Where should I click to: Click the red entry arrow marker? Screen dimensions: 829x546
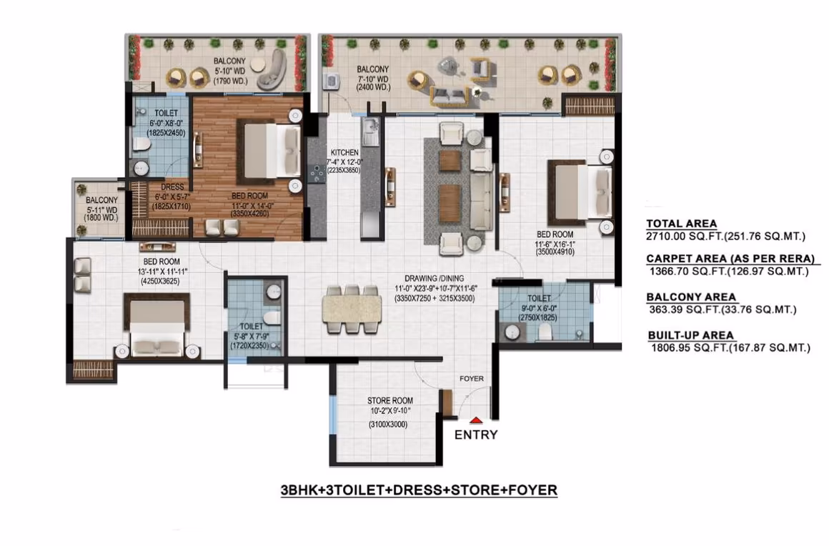click(476, 420)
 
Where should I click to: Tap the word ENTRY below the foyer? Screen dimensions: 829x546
click(476, 435)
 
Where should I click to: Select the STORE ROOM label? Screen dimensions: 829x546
click(390, 401)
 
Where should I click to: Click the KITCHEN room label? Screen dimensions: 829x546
click(344, 152)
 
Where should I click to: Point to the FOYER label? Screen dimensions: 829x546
click(472, 379)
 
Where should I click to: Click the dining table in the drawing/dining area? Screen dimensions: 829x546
click(352, 309)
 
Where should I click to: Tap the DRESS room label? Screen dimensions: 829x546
click(172, 187)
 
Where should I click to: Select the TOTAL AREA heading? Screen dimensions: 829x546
click(682, 224)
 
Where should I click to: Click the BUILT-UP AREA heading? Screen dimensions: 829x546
click(690, 335)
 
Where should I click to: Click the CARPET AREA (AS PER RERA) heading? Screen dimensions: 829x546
click(730, 259)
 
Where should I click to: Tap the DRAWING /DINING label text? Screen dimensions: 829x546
click(434, 278)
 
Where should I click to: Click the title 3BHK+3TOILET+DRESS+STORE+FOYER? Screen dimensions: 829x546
click(419, 490)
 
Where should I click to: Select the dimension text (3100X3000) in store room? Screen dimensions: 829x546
click(388, 425)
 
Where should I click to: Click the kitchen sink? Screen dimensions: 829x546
click(370, 126)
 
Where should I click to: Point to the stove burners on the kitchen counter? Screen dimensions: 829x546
click(317, 174)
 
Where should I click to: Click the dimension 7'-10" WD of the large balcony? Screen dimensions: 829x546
click(373, 79)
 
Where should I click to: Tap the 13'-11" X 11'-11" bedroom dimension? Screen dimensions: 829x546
click(162, 272)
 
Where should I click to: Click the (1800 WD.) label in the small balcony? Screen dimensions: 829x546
click(101, 218)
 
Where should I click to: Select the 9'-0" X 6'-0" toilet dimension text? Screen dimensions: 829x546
click(539, 308)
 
